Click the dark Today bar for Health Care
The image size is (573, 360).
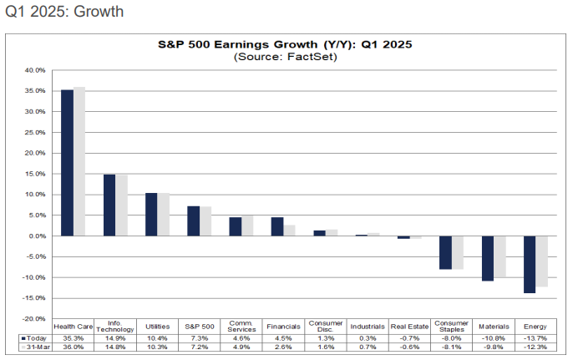(x=68, y=163)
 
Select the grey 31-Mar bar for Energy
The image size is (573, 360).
(x=540, y=261)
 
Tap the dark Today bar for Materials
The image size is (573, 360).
(x=488, y=258)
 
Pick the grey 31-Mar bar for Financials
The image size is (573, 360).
(x=289, y=231)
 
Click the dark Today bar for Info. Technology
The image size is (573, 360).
(x=109, y=205)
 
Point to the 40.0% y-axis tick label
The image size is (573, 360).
(x=34, y=70)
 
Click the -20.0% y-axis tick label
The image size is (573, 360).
(x=33, y=318)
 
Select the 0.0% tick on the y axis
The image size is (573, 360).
(x=36, y=236)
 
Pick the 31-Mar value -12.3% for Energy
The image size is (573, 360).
(x=535, y=347)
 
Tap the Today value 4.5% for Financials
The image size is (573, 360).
(x=283, y=337)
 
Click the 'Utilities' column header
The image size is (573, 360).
(x=157, y=327)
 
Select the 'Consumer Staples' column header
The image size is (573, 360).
(x=452, y=327)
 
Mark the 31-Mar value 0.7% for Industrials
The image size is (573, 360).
(x=367, y=347)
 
